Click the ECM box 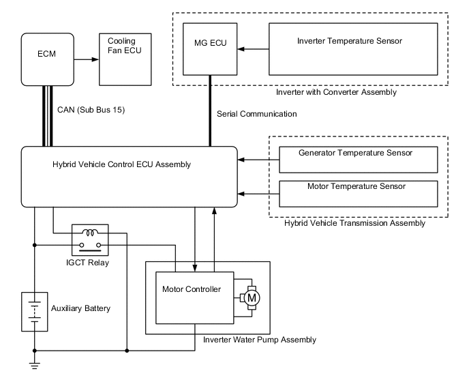coord(47,59)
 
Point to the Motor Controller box coord(194,298)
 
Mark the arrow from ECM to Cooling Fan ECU coord(84,59)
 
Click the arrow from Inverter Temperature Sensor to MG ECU coord(253,49)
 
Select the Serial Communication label coord(256,114)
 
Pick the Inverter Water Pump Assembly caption coord(260,339)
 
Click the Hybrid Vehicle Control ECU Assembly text coord(121,164)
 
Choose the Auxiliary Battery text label coord(80,309)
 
